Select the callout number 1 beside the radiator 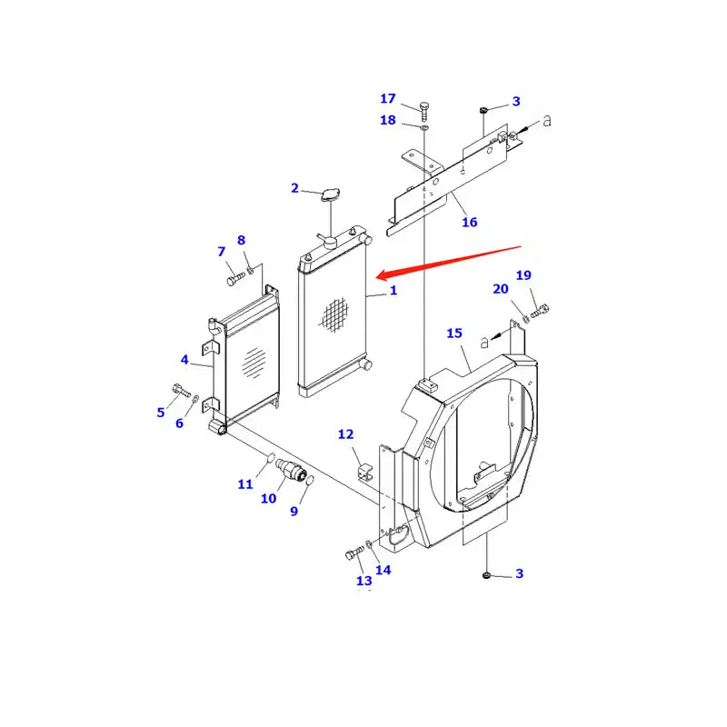pyautogui.click(x=393, y=291)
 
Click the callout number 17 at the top pyautogui.click(x=388, y=98)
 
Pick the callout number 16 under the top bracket pyautogui.click(x=469, y=223)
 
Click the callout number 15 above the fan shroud pyautogui.click(x=454, y=334)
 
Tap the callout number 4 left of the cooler pyautogui.click(x=184, y=360)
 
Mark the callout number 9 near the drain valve pyautogui.click(x=294, y=512)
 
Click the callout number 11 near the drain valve pyautogui.click(x=245, y=484)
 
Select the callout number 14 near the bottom pyautogui.click(x=383, y=570)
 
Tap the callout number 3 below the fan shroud pyautogui.click(x=519, y=573)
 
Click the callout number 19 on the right pyautogui.click(x=523, y=275)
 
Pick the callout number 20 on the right pyautogui.click(x=501, y=289)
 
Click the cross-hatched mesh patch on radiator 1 pyautogui.click(x=334, y=314)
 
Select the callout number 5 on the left pyautogui.click(x=161, y=412)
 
